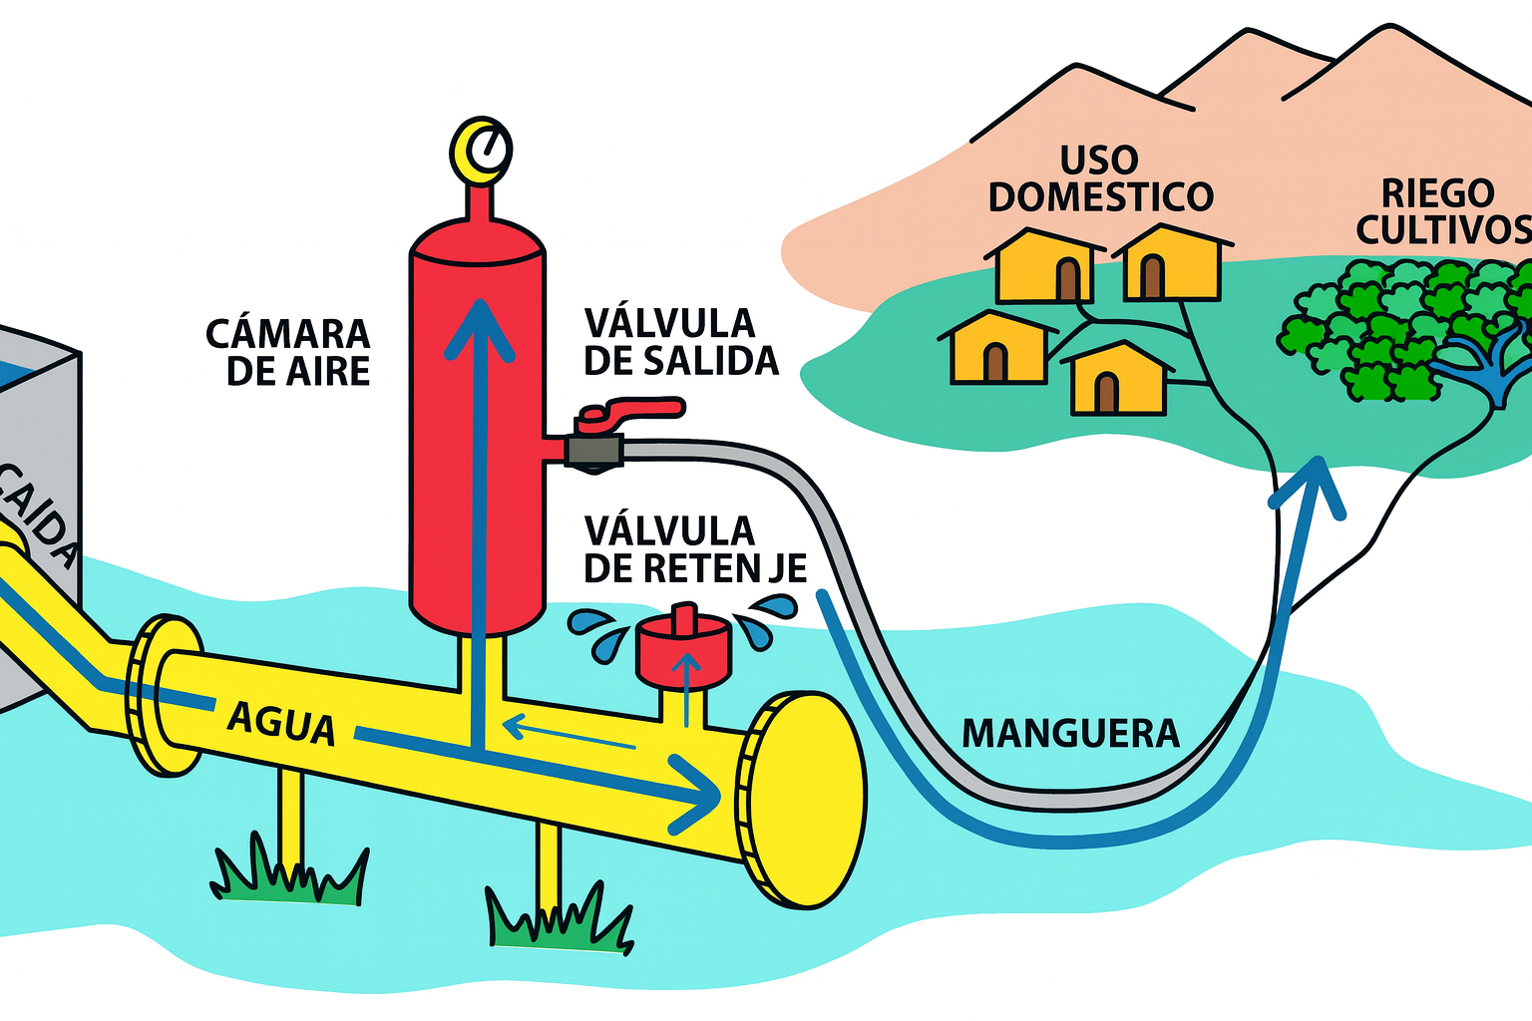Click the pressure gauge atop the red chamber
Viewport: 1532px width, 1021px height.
pos(482,151)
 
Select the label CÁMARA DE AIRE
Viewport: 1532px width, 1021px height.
pos(288,352)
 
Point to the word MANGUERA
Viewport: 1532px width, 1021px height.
pos(1070,734)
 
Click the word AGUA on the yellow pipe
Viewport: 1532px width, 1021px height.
pos(280,722)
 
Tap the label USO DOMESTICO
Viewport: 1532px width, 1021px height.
pos(1100,179)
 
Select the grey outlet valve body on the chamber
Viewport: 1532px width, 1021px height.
pos(594,450)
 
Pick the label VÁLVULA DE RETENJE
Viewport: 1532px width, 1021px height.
pos(693,549)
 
